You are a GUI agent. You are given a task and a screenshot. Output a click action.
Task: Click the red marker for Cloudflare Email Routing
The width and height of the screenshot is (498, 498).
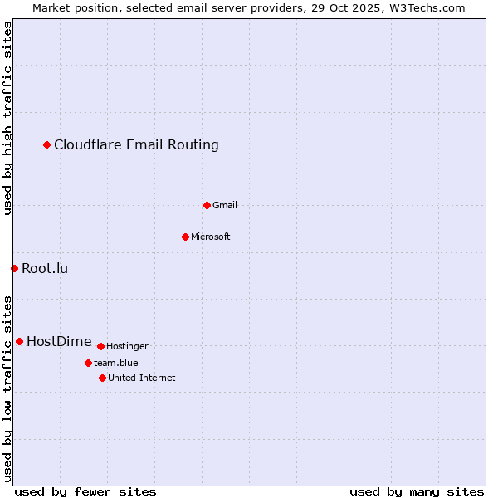pyautogui.click(x=47, y=145)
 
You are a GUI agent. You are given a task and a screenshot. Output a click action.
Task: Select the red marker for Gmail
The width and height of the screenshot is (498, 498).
pyautogui.click(x=207, y=205)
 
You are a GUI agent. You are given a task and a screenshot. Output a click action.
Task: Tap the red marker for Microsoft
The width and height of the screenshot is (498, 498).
pyautogui.click(x=185, y=237)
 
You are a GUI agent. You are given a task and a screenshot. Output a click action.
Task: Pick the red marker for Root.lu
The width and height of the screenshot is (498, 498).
pyautogui.click(x=14, y=268)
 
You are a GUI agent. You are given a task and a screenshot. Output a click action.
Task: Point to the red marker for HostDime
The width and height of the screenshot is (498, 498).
pyautogui.click(x=19, y=341)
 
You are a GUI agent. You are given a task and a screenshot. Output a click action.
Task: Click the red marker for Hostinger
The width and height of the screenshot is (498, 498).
pyautogui.click(x=100, y=346)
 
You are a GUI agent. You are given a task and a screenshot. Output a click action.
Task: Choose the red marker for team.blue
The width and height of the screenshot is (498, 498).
pyautogui.click(x=88, y=363)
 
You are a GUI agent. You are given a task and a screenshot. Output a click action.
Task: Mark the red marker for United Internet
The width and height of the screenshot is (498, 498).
pyautogui.click(x=102, y=378)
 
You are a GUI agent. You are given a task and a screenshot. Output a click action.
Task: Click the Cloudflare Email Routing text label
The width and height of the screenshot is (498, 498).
pyautogui.click(x=136, y=145)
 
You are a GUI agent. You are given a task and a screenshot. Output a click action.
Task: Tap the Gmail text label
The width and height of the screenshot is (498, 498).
pyautogui.click(x=224, y=205)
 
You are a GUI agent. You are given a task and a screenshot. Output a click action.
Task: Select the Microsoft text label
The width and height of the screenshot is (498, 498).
pyautogui.click(x=210, y=237)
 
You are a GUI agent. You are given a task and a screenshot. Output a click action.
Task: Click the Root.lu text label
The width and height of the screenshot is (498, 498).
pyautogui.click(x=45, y=268)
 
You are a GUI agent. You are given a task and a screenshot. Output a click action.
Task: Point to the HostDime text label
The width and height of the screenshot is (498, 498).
pyautogui.click(x=59, y=341)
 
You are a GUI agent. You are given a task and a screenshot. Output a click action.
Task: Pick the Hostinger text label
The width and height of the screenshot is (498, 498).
pyautogui.click(x=127, y=346)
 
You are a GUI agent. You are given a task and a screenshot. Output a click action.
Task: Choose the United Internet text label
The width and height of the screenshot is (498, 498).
pyautogui.click(x=141, y=378)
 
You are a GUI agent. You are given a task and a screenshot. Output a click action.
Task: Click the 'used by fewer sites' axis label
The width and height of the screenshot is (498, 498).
pyautogui.click(x=85, y=491)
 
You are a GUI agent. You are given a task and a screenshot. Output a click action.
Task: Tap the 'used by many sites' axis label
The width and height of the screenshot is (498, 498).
pyautogui.click(x=416, y=491)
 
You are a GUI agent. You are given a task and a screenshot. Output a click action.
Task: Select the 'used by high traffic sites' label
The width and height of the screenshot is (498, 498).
pyautogui.click(x=8, y=118)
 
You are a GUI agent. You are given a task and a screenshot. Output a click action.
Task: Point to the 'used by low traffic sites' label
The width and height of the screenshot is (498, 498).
pyautogui.click(x=8, y=388)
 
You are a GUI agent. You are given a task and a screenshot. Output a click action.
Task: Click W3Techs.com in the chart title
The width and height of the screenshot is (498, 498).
pyautogui.click(x=427, y=7)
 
